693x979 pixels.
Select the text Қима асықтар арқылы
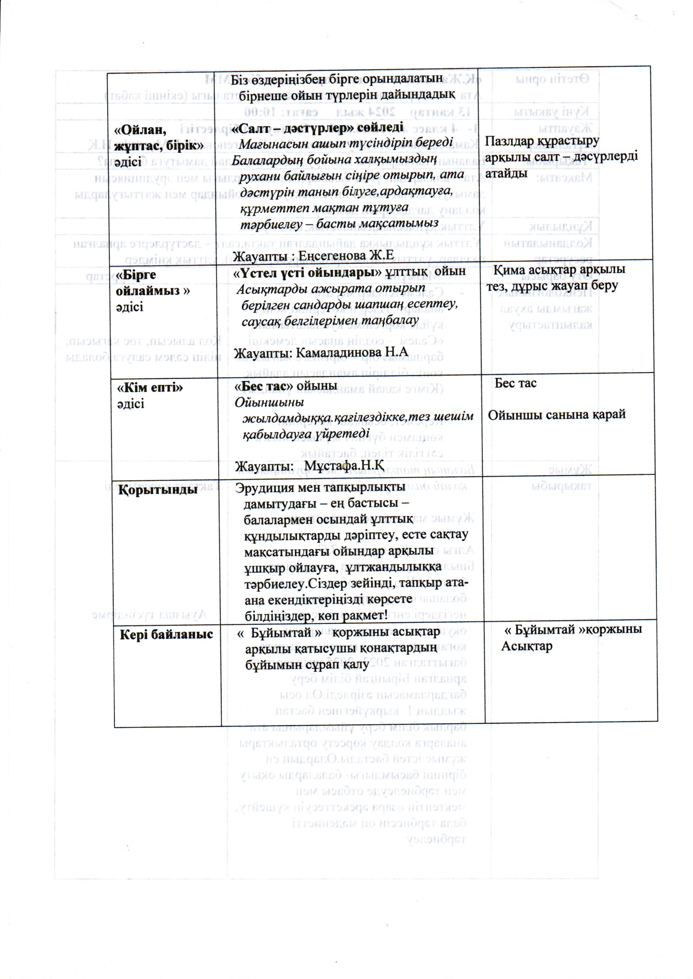pos(559,271)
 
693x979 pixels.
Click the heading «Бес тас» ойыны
pos(286,386)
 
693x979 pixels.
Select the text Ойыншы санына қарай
pos(557,415)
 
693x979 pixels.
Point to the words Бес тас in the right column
pos(515,383)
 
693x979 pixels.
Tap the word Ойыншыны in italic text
pos(270,402)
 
